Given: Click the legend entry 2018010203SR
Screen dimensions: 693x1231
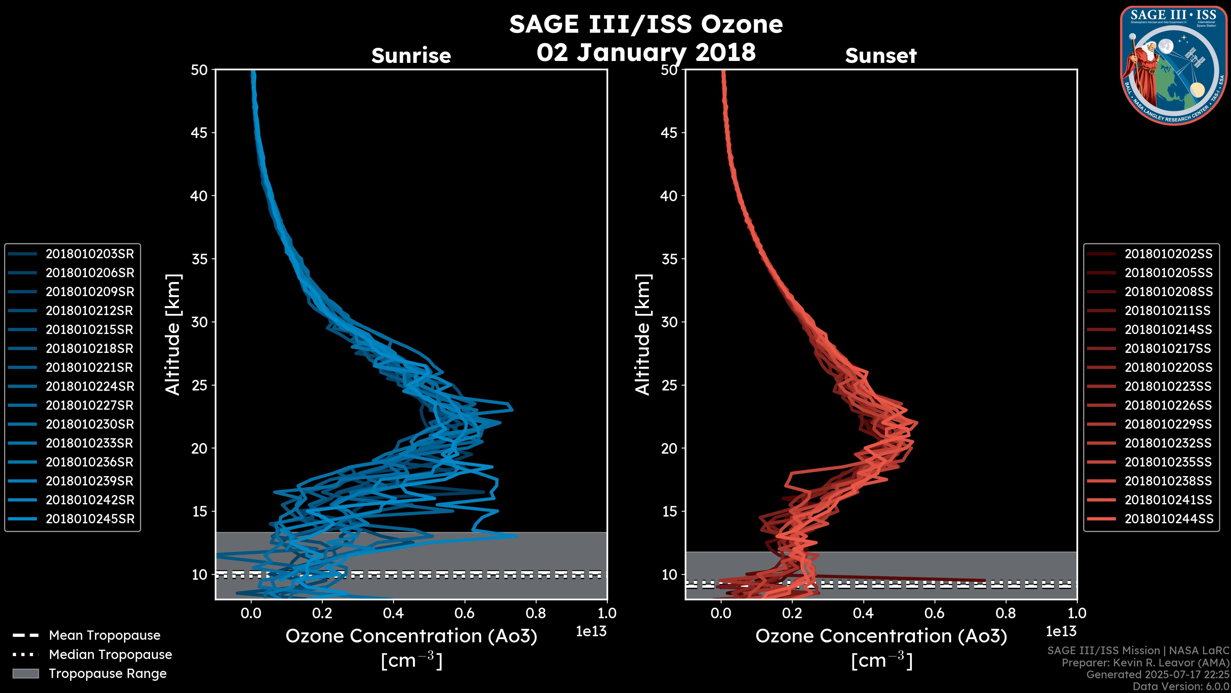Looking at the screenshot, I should [90, 254].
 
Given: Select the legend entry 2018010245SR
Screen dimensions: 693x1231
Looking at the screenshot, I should [90, 519].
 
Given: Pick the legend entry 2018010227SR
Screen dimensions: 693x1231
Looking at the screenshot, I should [90, 406].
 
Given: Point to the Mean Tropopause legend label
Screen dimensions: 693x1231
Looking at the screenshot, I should [105, 636].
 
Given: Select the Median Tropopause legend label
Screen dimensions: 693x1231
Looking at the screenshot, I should [110, 655].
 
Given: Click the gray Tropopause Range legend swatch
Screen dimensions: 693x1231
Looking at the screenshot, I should [26, 674].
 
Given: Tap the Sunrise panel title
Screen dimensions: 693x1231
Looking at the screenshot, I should [411, 56].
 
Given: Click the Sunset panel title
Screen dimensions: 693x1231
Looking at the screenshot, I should [881, 56].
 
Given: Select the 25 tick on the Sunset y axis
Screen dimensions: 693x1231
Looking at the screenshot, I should [669, 385].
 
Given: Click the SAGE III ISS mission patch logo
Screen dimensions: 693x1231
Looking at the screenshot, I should [1174, 65].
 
